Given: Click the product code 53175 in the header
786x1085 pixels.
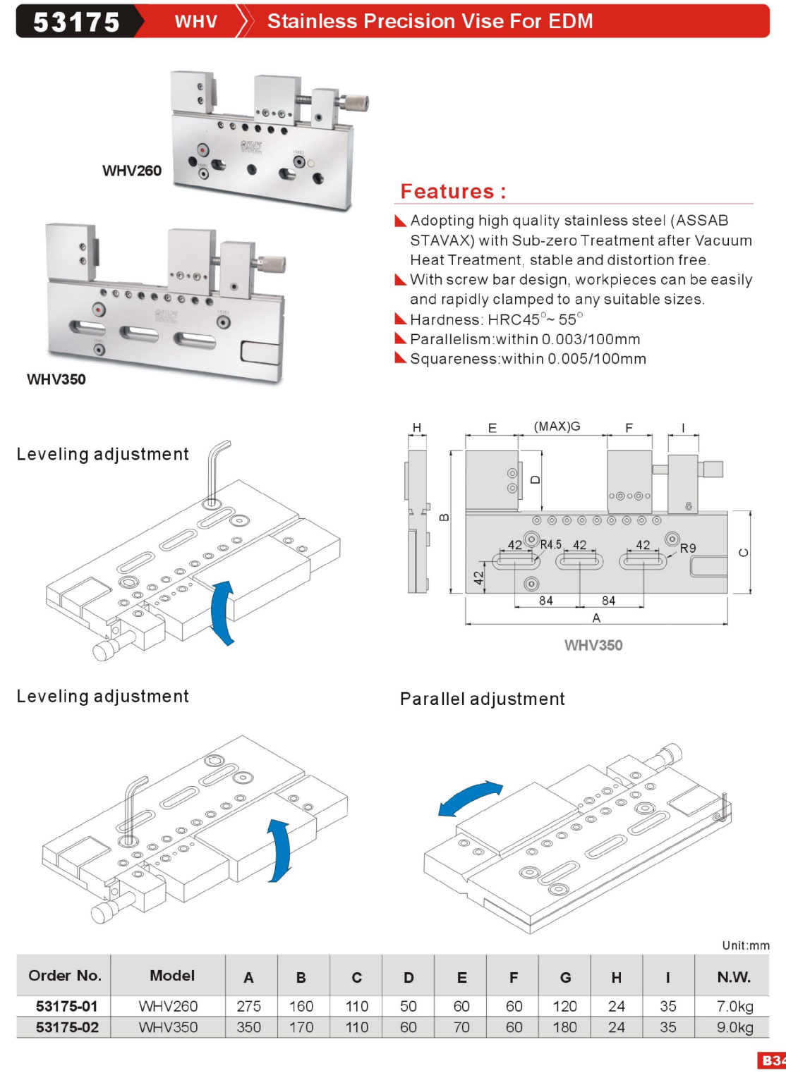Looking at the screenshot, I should pos(76,22).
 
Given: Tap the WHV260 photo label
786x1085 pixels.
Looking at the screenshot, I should pos(132,171).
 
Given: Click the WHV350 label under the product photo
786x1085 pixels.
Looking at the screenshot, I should pos(56,379).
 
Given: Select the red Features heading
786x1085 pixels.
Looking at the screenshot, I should pos(453,191).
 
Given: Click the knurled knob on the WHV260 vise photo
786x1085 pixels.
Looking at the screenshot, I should pos(354,103).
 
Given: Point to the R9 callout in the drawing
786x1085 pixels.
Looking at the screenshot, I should pos(688,548).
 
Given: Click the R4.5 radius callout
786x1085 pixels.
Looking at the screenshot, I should pos(550,544).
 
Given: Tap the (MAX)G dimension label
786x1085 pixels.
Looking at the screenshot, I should pos(557,427).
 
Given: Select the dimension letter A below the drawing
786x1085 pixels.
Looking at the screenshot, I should pos(596,618).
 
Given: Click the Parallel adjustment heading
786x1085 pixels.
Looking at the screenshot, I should pos(483,699).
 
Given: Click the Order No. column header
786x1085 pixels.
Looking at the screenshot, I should pos(64,976).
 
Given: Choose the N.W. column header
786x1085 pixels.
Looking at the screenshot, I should pos(734,977).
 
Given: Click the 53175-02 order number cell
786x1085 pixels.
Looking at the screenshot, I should pos(67,1027).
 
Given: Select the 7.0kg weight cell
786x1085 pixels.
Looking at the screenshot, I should pos(734,1006).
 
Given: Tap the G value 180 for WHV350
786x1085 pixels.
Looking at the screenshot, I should pos(564,1027).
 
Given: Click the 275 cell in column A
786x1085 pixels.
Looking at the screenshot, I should pos(248,1006).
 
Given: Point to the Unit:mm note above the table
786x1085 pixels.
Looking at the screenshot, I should pos(746,945).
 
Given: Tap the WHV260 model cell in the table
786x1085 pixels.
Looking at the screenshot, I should pos(168,1006).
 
